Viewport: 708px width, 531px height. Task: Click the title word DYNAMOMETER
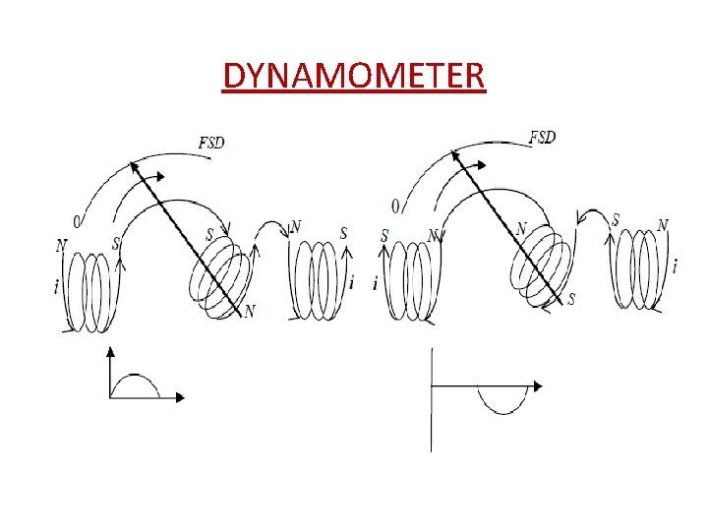click(354, 75)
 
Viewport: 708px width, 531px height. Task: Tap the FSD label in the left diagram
click(211, 143)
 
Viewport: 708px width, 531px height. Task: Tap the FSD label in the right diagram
click(542, 137)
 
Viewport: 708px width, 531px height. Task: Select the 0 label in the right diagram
click(395, 206)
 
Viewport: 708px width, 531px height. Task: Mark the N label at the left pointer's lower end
click(250, 311)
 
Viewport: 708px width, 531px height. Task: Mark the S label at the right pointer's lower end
click(571, 298)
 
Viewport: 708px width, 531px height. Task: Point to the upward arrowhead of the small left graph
click(111, 350)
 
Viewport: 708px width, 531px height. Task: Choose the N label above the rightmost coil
click(663, 225)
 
